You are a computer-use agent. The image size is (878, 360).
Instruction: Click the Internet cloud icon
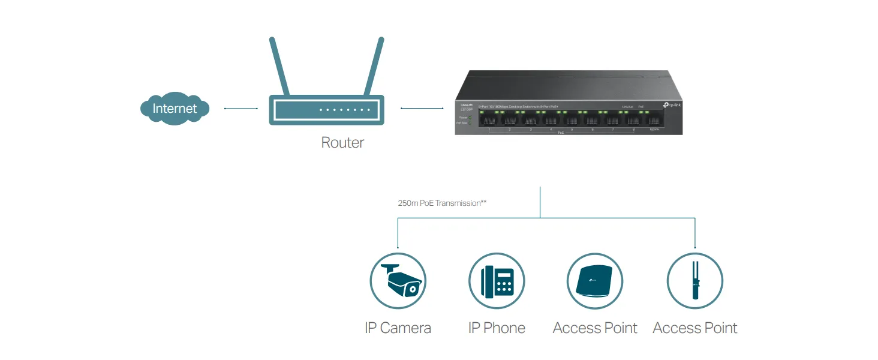[x=175, y=109]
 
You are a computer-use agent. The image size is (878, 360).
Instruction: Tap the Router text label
[x=342, y=143]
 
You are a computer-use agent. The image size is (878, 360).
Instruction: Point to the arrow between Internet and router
[x=240, y=109]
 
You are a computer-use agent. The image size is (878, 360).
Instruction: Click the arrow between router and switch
[x=418, y=109]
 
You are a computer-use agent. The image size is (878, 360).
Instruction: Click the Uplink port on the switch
[x=653, y=120]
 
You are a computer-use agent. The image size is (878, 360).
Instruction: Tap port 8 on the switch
[x=633, y=120]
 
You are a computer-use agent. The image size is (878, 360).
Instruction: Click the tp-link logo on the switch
[x=672, y=105]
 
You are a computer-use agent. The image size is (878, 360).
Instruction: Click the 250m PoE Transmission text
[x=442, y=203]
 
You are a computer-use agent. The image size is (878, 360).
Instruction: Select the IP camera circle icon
[x=398, y=281]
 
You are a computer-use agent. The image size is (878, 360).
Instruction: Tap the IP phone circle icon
[x=497, y=281]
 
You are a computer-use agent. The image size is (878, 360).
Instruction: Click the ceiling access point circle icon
[x=595, y=281]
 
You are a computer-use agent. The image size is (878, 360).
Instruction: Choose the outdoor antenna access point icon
[x=695, y=281]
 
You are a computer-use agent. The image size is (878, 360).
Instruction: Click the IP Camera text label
[x=398, y=328]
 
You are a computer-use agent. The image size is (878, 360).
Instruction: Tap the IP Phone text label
[x=497, y=328]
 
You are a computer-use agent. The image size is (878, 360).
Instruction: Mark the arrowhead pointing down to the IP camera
[x=398, y=246]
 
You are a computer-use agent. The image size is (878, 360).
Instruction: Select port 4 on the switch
[x=551, y=120]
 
